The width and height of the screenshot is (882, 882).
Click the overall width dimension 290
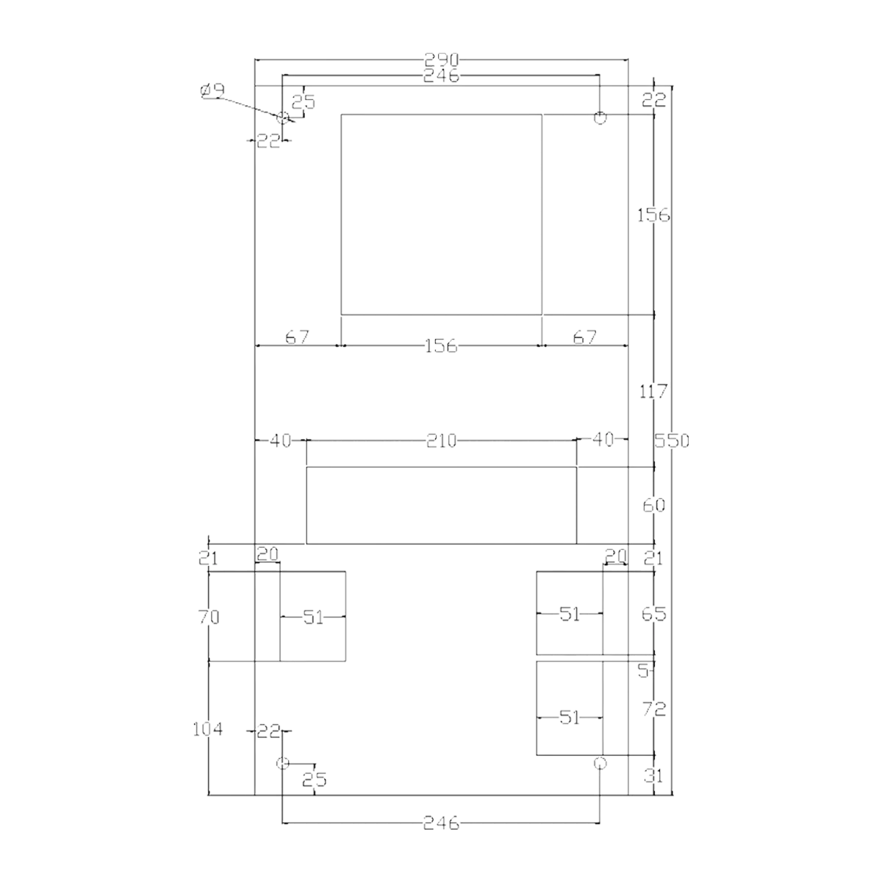tap(441, 60)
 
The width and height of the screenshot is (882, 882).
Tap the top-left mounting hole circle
tap(283, 117)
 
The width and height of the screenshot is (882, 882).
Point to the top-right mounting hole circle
tap(600, 117)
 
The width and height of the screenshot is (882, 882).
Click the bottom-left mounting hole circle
tap(283, 763)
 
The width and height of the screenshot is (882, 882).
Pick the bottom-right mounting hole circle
tap(600, 763)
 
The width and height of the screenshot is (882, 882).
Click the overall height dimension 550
tap(672, 441)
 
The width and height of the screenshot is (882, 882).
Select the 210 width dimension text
tap(441, 441)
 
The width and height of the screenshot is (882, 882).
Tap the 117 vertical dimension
tap(653, 391)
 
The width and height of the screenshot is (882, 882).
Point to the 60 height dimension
tap(653, 506)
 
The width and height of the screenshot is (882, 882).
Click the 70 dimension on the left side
tap(209, 617)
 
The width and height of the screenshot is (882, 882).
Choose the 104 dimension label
tap(208, 728)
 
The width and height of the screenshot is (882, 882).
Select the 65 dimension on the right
tap(653, 614)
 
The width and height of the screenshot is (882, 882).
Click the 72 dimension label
tap(653, 709)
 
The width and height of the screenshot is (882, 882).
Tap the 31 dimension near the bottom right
tap(653, 776)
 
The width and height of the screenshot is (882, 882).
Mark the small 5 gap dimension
tap(644, 671)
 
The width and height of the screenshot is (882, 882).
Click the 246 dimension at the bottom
tap(441, 823)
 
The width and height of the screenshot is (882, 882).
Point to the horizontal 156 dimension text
tap(441, 346)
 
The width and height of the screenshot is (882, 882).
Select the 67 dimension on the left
tap(298, 338)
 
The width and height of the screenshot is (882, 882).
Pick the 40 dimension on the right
tap(603, 440)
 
